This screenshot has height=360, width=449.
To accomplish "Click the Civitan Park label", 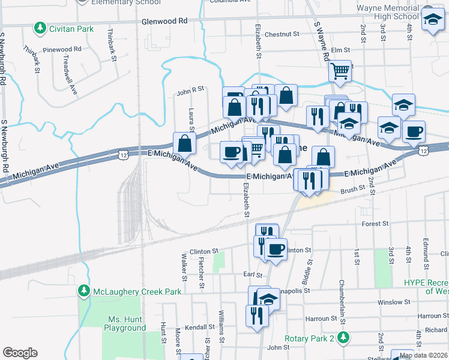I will (x=72, y=28).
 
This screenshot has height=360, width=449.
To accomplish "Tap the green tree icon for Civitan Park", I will (x=40, y=28).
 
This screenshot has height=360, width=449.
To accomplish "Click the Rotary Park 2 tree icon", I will (x=343, y=338).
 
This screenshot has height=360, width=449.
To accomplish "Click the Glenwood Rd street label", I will (x=164, y=21).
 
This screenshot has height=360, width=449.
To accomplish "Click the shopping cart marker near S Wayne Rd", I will (x=340, y=71).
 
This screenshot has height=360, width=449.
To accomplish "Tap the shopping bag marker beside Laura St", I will (x=184, y=143).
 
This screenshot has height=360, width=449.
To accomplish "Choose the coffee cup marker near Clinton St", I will (x=276, y=249).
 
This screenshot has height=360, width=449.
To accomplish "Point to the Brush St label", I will (x=352, y=189).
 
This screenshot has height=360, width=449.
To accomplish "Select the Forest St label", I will (x=375, y=223).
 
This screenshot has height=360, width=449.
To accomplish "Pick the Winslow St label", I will (x=393, y=302).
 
